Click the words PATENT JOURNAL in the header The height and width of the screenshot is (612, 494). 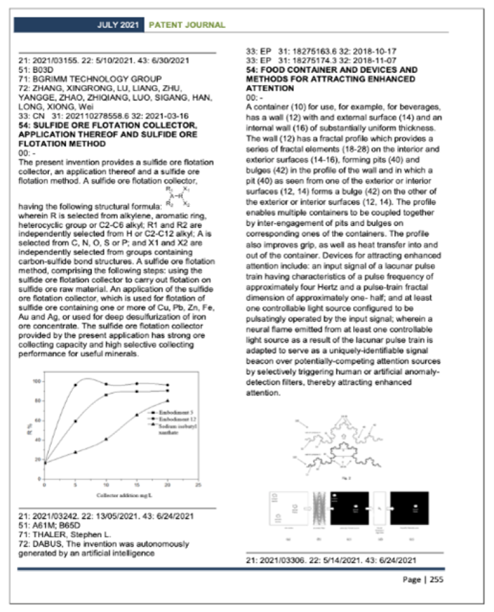185,25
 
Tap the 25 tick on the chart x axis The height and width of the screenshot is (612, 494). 197,485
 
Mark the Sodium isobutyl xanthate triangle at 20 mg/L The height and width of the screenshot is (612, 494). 168,400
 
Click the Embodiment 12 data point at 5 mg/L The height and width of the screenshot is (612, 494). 75,421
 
